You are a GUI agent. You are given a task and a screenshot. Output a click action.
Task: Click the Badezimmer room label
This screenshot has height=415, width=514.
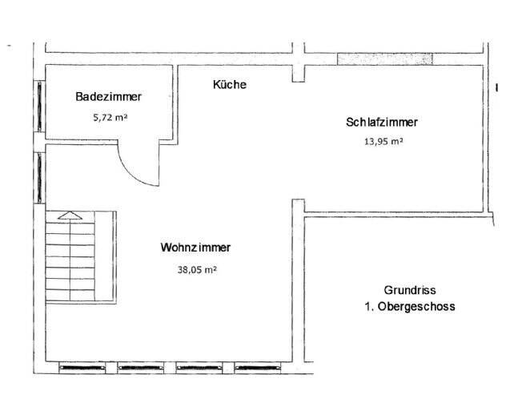[x=109, y=97]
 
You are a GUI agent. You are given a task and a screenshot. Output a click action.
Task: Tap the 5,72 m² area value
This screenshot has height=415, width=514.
[x=110, y=116]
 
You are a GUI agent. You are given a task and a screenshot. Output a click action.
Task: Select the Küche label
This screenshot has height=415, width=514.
[x=230, y=84]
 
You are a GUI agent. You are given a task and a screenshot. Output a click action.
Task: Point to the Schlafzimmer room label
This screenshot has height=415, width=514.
[x=382, y=123]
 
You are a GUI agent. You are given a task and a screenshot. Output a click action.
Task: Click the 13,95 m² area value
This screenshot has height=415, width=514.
[x=383, y=141]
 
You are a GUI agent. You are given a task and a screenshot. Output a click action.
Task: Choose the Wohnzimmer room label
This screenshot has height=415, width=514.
[x=196, y=248]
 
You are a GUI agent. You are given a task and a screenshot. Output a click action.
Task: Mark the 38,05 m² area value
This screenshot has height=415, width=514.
[x=197, y=270]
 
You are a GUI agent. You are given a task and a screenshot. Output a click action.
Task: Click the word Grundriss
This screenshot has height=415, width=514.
[x=409, y=291]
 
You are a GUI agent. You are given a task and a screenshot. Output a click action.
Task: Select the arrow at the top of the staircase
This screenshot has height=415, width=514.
[x=70, y=215]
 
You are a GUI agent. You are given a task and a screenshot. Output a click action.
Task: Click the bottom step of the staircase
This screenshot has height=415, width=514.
[x=70, y=293]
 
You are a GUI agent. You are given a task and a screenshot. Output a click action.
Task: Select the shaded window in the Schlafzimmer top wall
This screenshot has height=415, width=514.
[x=384, y=58]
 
